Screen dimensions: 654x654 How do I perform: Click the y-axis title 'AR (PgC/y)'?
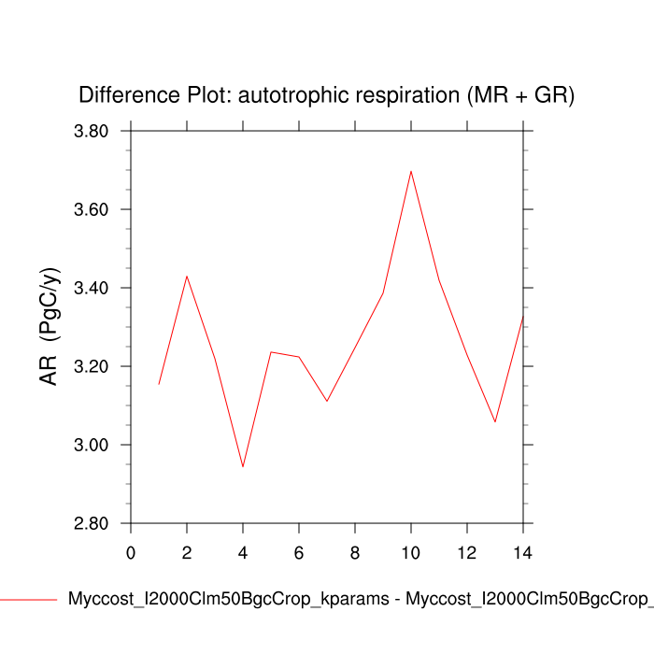click(x=49, y=326)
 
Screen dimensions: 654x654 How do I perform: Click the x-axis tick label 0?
click(x=131, y=552)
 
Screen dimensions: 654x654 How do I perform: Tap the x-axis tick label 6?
click(x=299, y=552)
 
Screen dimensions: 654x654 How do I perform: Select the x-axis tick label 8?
click(x=355, y=552)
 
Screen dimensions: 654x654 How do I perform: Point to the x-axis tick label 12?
click(x=467, y=552)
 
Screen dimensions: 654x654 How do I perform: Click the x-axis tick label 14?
click(x=523, y=552)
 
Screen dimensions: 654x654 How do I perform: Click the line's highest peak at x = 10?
click(x=411, y=171)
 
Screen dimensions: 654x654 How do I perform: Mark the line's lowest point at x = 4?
click(x=243, y=466)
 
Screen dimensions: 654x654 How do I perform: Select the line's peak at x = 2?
click(x=187, y=277)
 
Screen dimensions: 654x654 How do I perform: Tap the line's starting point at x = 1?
click(x=159, y=384)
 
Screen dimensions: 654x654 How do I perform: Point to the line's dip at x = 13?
click(x=495, y=421)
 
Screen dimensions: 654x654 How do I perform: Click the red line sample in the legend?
click(x=28, y=599)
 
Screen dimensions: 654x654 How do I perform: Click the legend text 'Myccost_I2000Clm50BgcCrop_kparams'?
click(x=228, y=599)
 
